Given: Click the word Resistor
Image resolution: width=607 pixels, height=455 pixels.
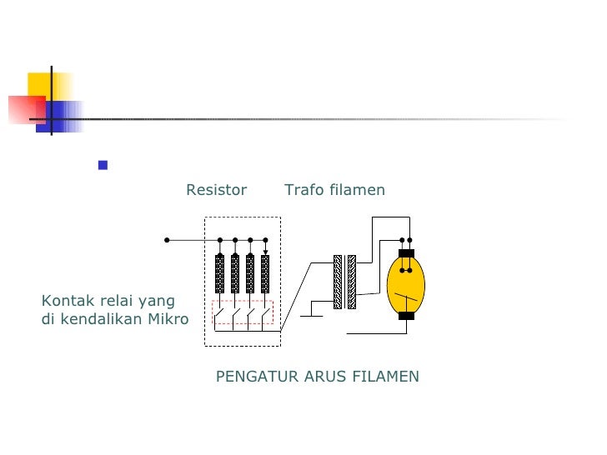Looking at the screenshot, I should [x=216, y=190].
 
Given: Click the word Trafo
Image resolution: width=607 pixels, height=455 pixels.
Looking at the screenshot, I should [x=303, y=190].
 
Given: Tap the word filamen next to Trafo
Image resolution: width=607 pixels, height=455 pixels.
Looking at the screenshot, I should [x=357, y=190].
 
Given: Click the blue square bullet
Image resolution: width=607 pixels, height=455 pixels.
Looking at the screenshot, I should [x=103, y=165].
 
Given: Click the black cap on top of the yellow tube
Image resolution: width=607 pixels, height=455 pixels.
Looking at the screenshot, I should [x=406, y=253].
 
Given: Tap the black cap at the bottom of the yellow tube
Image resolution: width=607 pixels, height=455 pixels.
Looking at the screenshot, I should [x=406, y=316].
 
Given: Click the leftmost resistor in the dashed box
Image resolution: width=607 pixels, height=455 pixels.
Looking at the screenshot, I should [x=219, y=272].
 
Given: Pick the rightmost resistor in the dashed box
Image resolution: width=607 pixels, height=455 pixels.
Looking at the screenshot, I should [x=265, y=272].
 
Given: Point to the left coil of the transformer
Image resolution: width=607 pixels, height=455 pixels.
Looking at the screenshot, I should [x=338, y=282].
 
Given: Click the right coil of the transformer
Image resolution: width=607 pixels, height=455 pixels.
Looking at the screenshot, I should [x=351, y=282].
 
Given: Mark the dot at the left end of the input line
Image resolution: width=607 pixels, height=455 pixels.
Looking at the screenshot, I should [x=167, y=240].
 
